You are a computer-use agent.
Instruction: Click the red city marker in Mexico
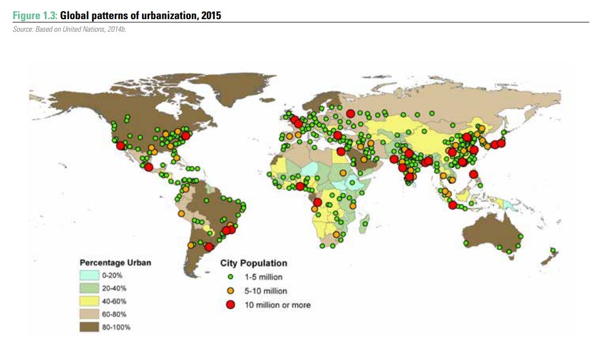149,167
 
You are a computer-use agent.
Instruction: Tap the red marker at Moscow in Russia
350,113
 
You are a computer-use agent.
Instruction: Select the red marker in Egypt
341,151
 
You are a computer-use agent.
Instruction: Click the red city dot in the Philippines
473,174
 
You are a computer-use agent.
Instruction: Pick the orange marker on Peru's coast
181,214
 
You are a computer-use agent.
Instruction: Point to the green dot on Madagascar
365,223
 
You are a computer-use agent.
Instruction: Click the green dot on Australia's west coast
466,243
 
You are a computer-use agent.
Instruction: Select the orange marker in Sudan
342,173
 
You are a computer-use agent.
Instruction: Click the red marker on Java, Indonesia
452,205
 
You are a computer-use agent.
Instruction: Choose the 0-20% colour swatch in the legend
89,275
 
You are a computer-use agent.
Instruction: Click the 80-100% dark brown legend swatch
89,327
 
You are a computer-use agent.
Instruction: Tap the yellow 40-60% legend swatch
89,301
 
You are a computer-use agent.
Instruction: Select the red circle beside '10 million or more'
231,304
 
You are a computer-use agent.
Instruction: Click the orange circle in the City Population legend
231,291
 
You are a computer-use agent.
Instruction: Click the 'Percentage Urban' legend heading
115,262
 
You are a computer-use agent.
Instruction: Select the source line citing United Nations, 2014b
70,29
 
